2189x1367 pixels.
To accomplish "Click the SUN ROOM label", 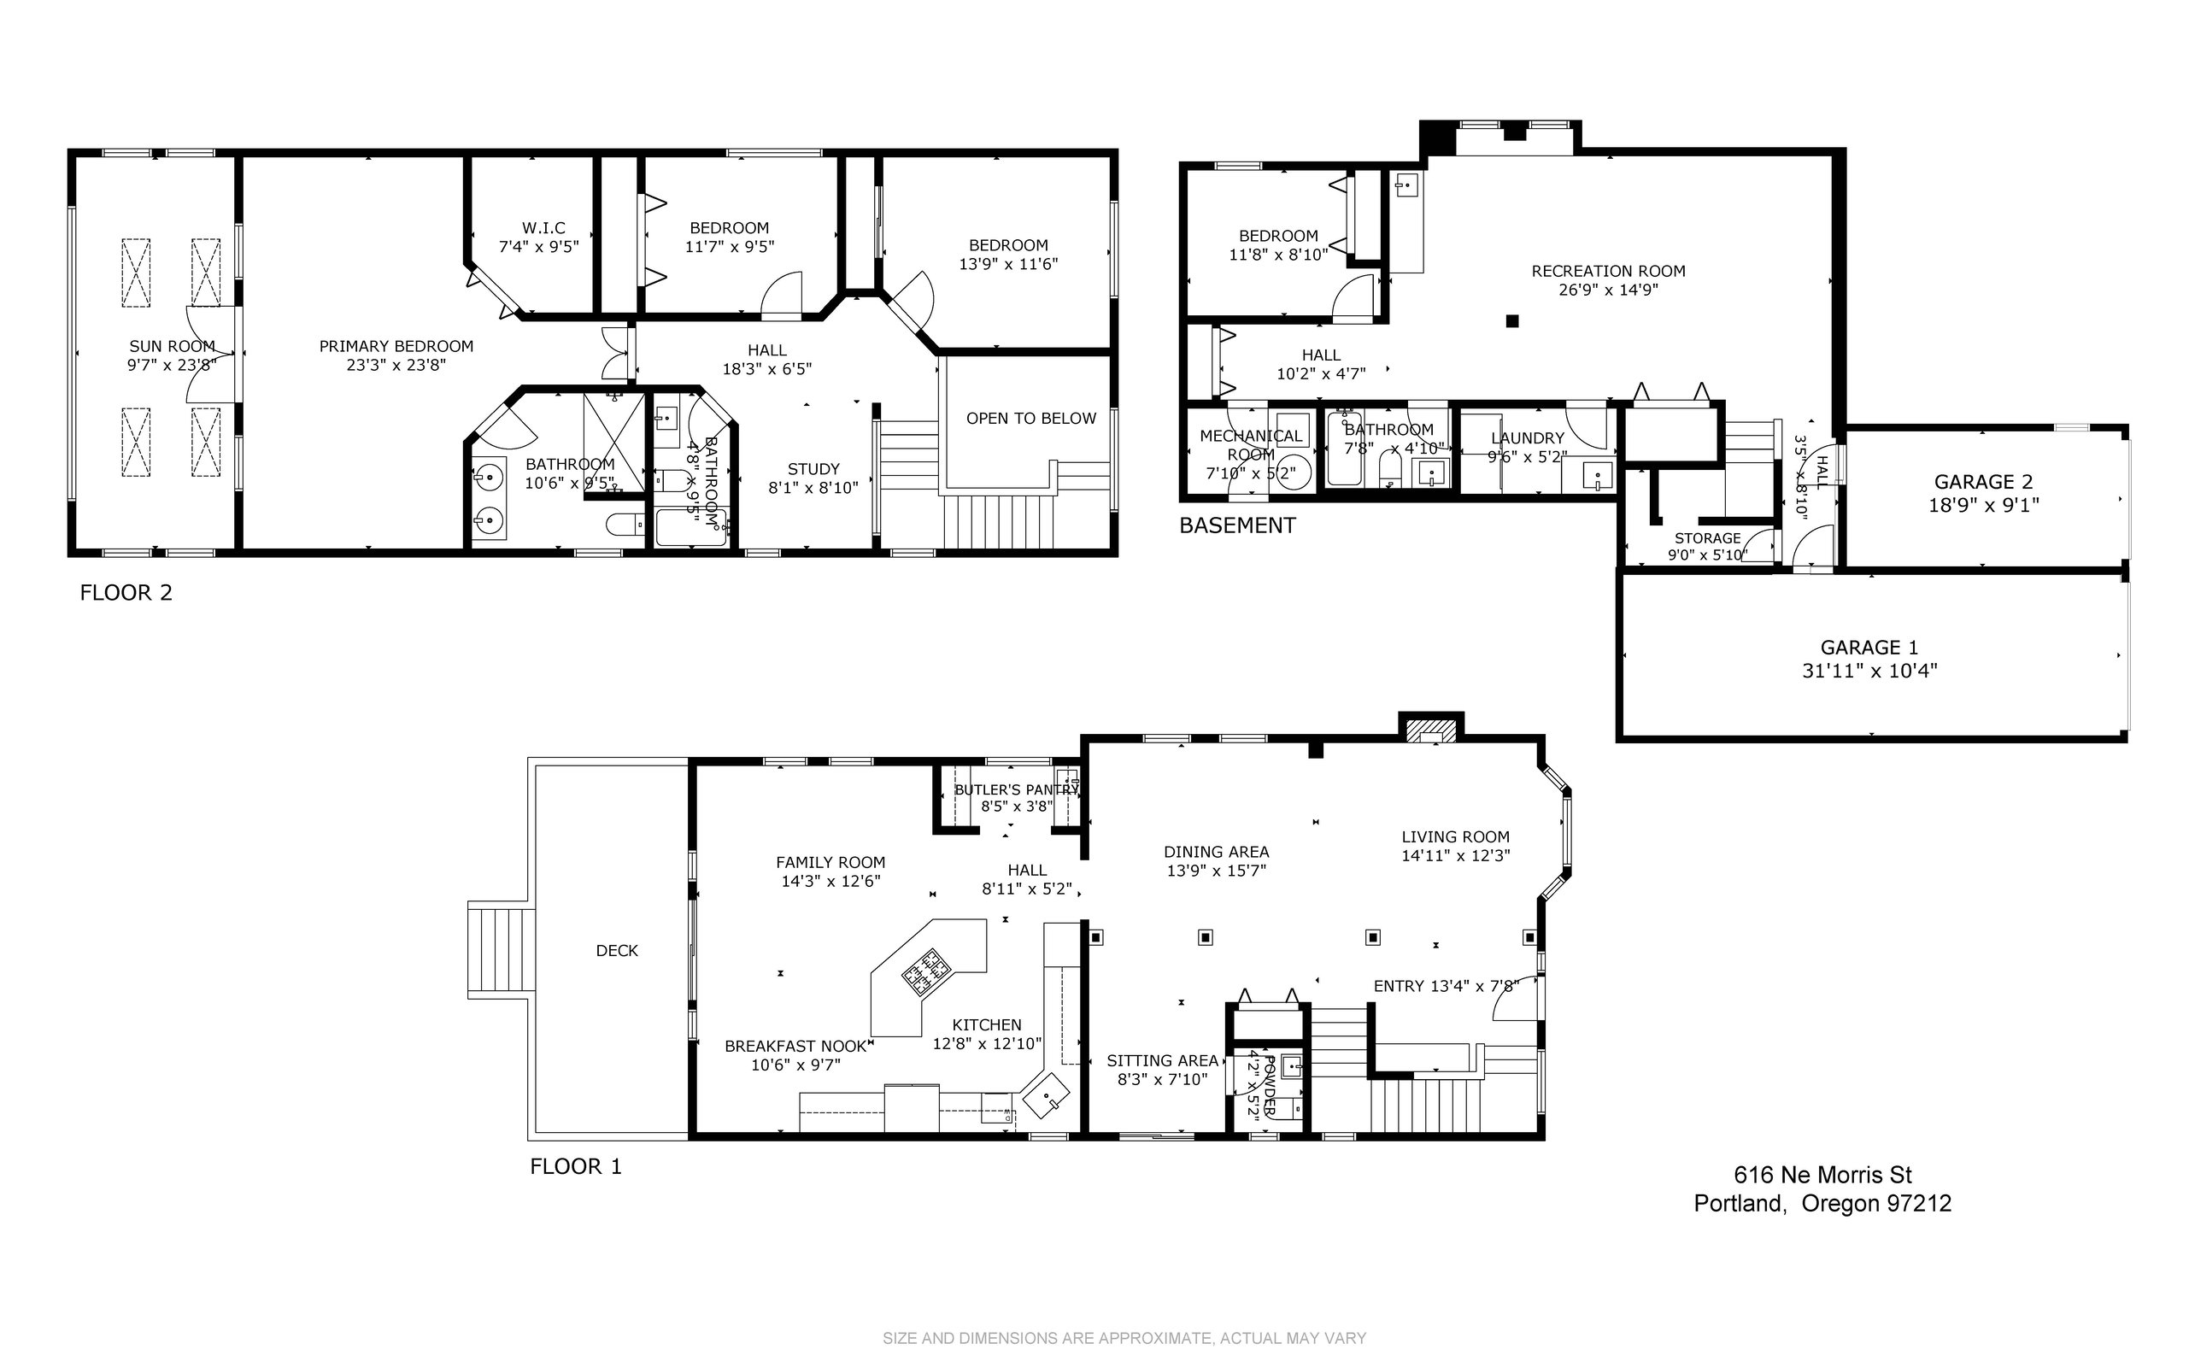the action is coord(172,346).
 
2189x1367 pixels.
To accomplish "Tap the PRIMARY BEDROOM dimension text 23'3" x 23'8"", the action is coord(397,366).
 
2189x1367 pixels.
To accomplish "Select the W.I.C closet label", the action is coord(543,228).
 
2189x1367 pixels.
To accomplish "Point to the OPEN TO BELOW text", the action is coord(1030,419).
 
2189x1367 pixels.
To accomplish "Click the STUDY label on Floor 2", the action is coord(813,469).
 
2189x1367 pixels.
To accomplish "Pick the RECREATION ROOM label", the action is coord(1609,271).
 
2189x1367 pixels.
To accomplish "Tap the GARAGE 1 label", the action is coord(1869,648).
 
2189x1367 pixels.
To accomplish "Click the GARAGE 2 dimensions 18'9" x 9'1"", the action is coord(1985,506).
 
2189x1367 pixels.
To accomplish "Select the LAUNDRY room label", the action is coord(1527,438).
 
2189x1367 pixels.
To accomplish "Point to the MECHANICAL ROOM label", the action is coord(1252,445).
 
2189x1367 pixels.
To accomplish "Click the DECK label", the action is coord(617,951).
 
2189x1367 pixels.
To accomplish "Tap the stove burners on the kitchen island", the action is coord(927,971).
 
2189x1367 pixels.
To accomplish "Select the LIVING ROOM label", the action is coord(1456,837).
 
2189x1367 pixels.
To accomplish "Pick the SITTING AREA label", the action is coord(1163,1061).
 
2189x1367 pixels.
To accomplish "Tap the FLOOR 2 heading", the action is coord(126,593).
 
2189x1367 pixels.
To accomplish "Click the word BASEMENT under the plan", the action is coord(1237,525).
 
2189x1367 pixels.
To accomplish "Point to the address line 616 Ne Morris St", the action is coord(1822,1176).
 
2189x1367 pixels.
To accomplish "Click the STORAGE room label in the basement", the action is coord(1707,539).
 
